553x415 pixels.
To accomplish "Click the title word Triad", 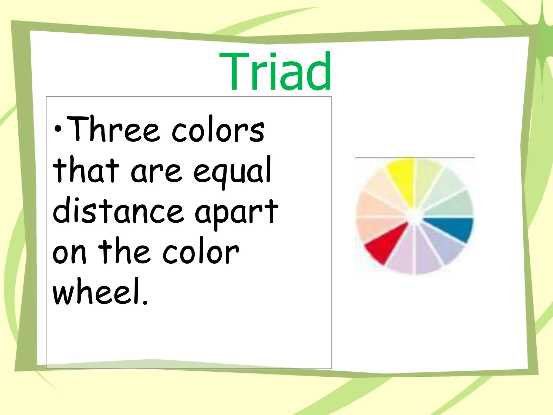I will point(275,72).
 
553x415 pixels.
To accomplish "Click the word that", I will point(86,170).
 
